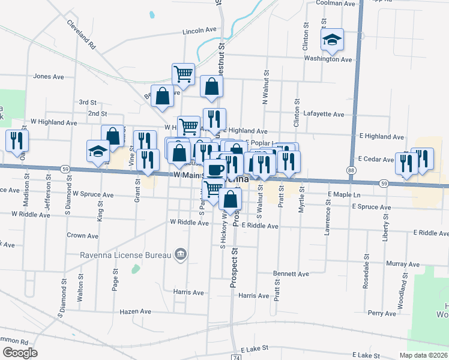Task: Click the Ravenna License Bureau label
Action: tap(126, 256)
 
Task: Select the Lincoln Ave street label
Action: tap(199, 30)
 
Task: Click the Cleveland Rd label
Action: tap(81, 35)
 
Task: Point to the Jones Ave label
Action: tap(49, 76)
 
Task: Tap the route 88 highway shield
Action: tap(350, 171)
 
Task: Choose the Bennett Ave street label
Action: tap(291, 274)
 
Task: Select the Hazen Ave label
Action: tap(136, 311)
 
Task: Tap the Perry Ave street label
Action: tap(382, 313)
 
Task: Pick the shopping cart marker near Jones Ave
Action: tap(183, 74)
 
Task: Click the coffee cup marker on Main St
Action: tap(215, 170)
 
